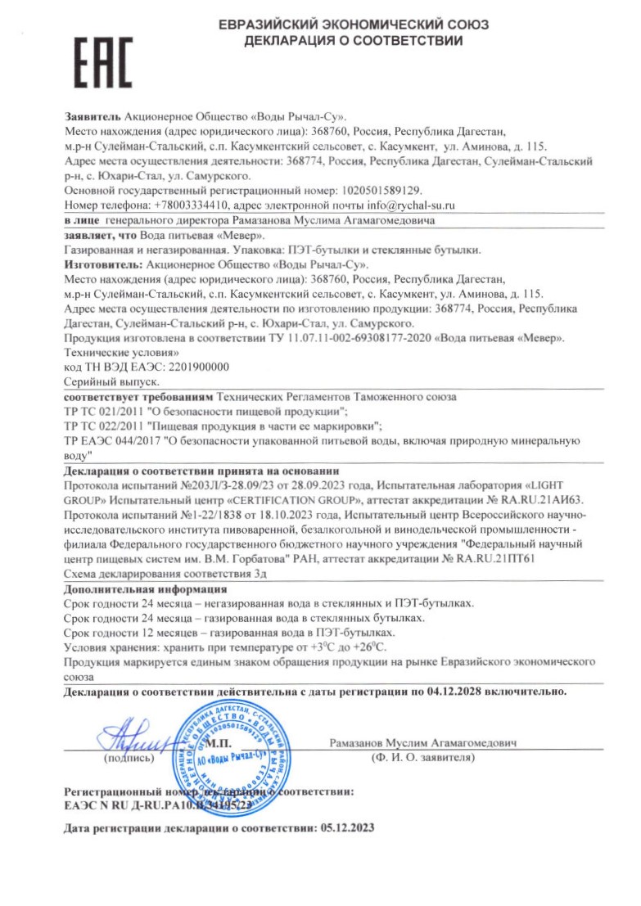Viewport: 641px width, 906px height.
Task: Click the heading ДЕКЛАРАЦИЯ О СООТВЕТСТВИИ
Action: click(354, 40)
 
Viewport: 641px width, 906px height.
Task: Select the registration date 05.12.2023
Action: click(345, 828)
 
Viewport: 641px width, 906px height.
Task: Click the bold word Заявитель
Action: click(92, 115)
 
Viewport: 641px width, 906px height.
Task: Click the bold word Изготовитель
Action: click(102, 264)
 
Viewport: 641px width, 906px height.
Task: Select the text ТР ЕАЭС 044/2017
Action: click(112, 441)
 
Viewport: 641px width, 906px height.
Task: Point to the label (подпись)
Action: click(129, 759)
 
